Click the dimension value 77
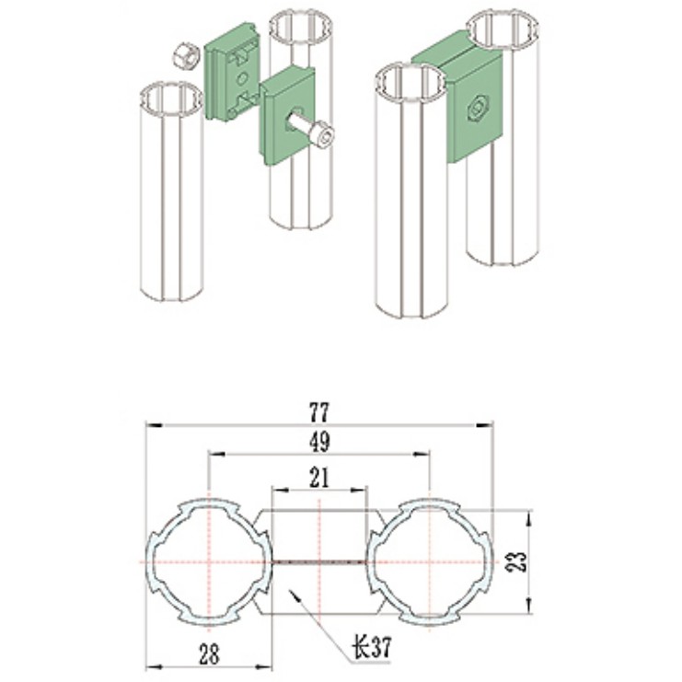pyautogui.click(x=319, y=411)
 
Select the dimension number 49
pyautogui.click(x=319, y=442)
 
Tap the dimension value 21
pyautogui.click(x=319, y=478)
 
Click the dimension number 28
pyautogui.click(x=210, y=654)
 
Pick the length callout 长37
pyautogui.click(x=371, y=647)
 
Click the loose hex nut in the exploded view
pyautogui.click(x=184, y=56)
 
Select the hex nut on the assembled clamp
pyautogui.click(x=478, y=105)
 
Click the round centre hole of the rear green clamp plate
pyautogui.click(x=242, y=79)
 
